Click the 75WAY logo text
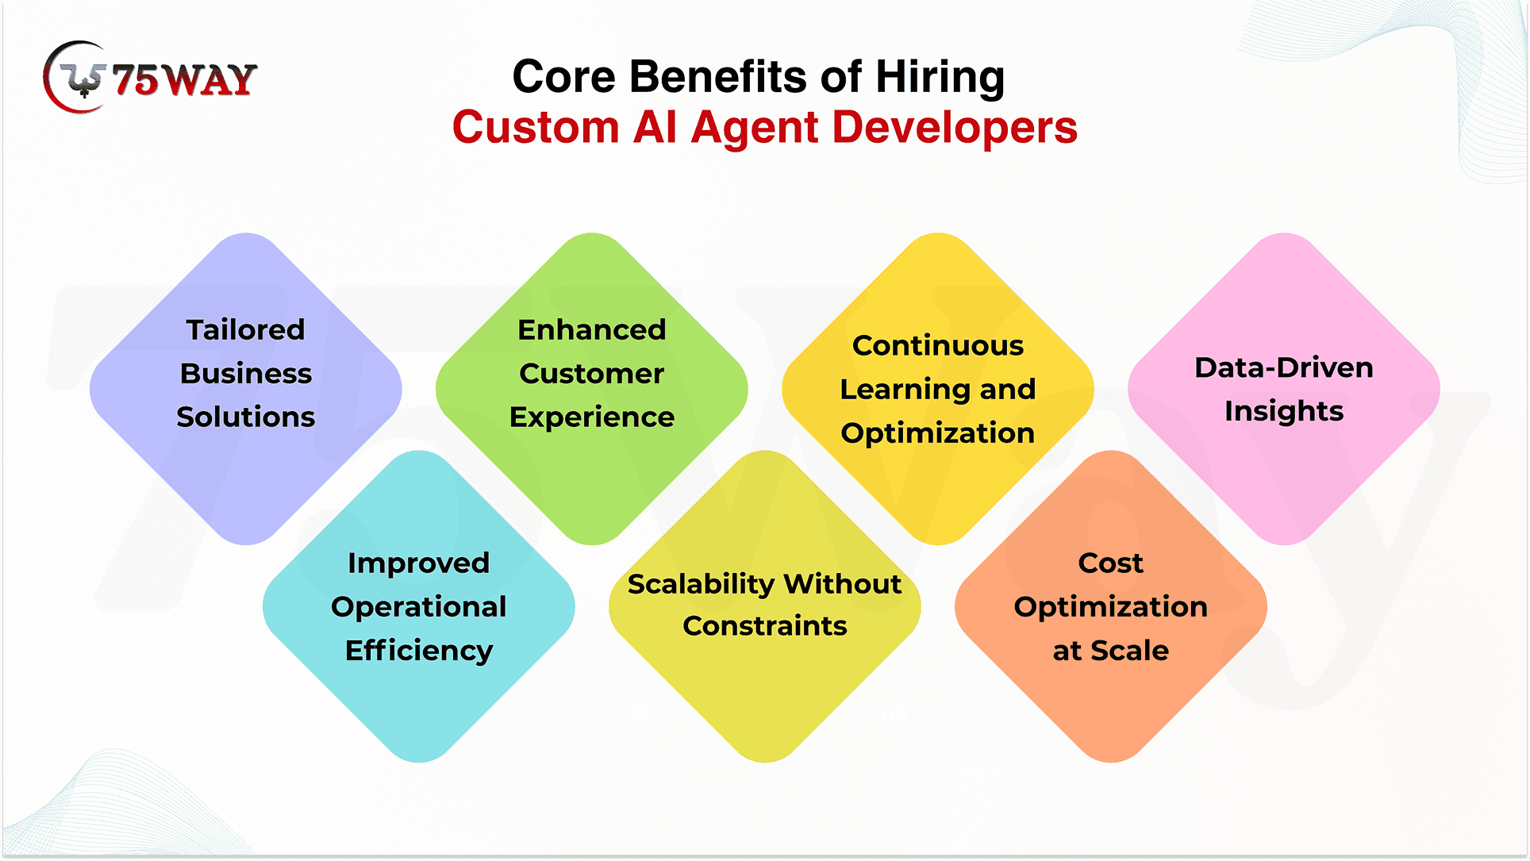pos(184,79)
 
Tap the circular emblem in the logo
pos(76,77)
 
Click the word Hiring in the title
pos(940,77)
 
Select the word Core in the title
pos(563,77)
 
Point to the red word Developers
pos(955,128)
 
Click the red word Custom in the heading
pos(536,128)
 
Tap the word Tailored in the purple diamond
pos(245,329)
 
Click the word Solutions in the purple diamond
pos(245,417)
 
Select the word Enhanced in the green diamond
pos(591,329)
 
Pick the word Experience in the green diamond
pos(591,417)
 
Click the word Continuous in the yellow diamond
pos(938,345)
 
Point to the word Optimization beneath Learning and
pos(938,433)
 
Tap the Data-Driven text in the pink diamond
pos(1284,367)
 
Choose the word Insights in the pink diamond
pos(1284,411)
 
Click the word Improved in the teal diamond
pos(418,563)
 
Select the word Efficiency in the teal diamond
pos(419,651)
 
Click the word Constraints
pos(765,626)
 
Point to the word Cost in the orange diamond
pos(1110,563)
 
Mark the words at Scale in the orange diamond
pos(1110,651)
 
